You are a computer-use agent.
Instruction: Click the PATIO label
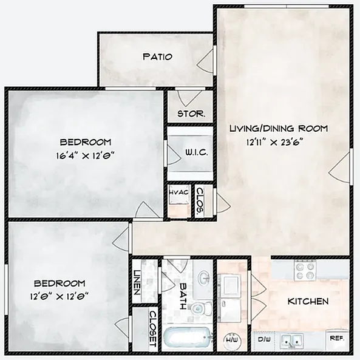click(x=157, y=56)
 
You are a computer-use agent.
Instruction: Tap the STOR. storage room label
click(x=191, y=114)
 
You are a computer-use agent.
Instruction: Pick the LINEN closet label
click(x=138, y=282)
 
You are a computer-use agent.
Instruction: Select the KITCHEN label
click(x=308, y=301)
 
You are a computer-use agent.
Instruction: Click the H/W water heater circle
click(x=232, y=340)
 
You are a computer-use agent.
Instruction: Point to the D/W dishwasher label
click(x=265, y=339)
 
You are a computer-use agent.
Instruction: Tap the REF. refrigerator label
click(x=336, y=338)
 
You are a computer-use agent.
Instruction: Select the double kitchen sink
click(x=296, y=341)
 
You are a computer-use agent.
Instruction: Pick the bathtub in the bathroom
click(x=189, y=338)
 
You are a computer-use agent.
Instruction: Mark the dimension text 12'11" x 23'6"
click(x=275, y=141)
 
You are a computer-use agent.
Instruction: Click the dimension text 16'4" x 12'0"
click(x=84, y=155)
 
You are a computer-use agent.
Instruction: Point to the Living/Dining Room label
click(x=279, y=128)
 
